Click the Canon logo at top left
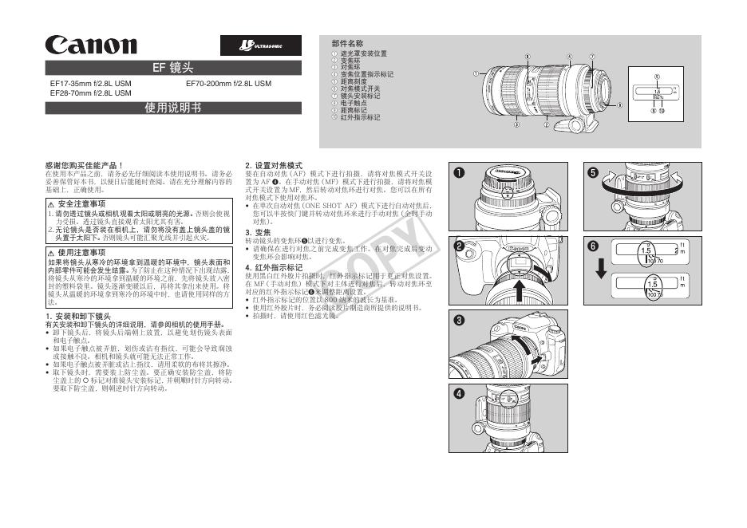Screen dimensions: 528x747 point(91,45)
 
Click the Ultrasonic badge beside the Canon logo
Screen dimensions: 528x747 point(260,45)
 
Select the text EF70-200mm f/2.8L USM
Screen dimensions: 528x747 point(228,83)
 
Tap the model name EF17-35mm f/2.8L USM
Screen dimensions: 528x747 point(90,83)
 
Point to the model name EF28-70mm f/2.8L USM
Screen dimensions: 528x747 point(90,93)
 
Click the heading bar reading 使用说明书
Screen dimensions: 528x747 point(173,108)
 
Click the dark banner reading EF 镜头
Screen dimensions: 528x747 point(173,68)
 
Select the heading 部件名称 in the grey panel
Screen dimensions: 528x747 point(347,43)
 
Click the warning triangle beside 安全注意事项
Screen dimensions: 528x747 point(51,205)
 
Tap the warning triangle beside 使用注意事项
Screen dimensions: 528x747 point(51,251)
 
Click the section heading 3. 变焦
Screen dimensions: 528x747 point(259,232)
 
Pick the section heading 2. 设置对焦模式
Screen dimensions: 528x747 point(274,165)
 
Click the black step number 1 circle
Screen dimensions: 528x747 point(460,173)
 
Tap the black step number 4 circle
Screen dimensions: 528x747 point(460,394)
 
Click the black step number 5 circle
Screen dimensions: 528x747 point(592,173)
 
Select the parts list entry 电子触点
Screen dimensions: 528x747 point(354,103)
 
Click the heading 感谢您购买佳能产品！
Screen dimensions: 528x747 point(84,165)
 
